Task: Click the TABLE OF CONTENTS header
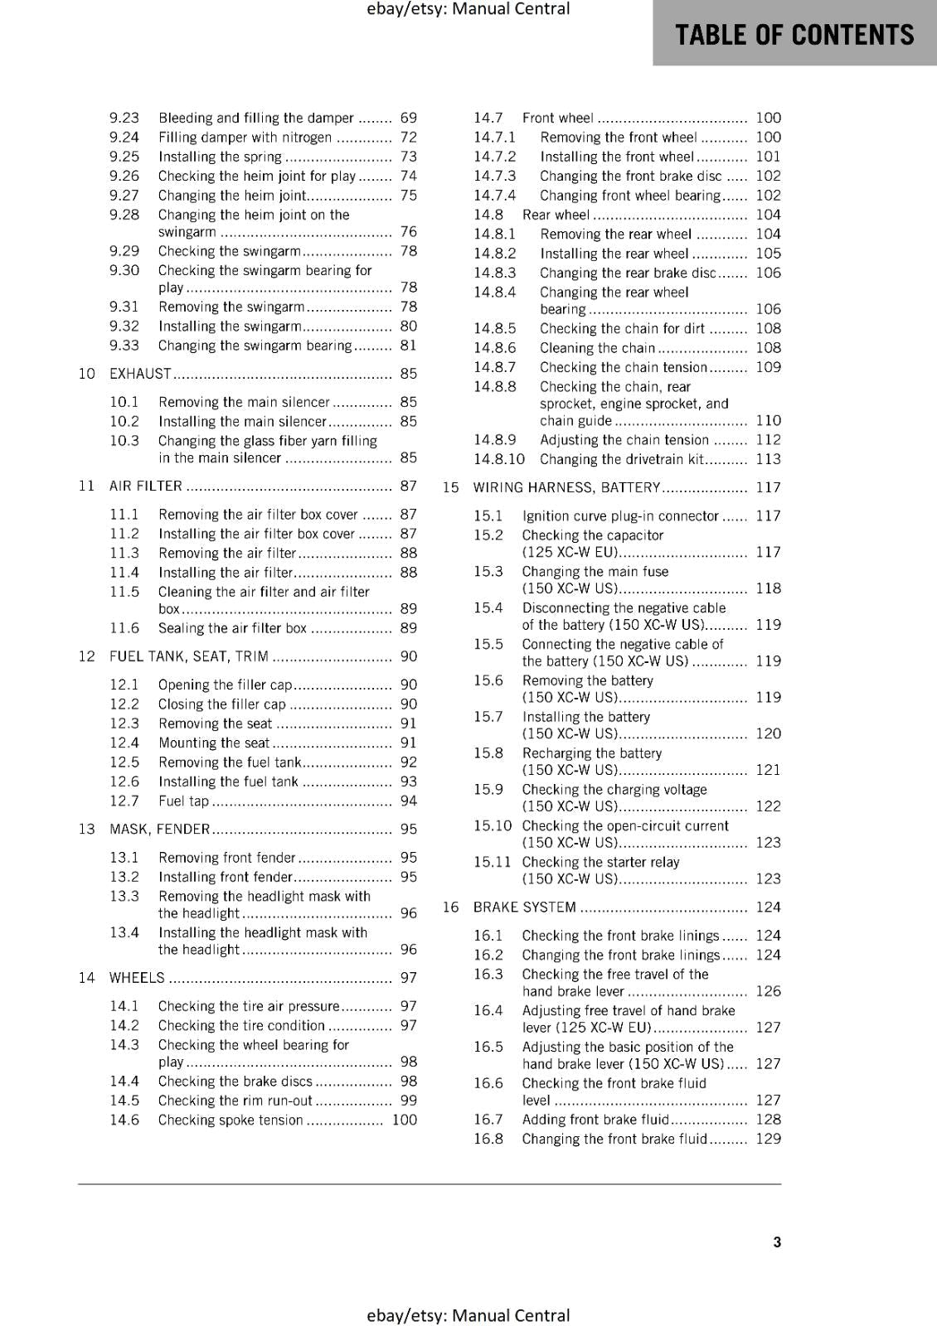[794, 35]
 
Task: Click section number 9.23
[124, 118]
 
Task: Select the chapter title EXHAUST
[140, 374]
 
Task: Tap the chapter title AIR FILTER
[145, 486]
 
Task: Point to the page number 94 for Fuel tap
[408, 801]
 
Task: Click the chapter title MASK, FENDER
[159, 830]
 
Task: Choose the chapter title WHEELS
[137, 978]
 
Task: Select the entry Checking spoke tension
[231, 1120]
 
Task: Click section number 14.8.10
[499, 459]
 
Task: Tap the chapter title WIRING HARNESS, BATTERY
[566, 488]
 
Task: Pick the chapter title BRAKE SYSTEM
[524, 907]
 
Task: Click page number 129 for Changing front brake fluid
[768, 1139]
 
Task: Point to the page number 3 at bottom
[777, 1242]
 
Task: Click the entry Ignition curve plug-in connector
[620, 516]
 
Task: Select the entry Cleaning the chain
[597, 348]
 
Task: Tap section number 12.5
[124, 762]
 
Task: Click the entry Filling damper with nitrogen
[245, 138]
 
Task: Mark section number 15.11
[493, 862]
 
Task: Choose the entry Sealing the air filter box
[232, 628]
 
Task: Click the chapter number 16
[450, 907]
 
